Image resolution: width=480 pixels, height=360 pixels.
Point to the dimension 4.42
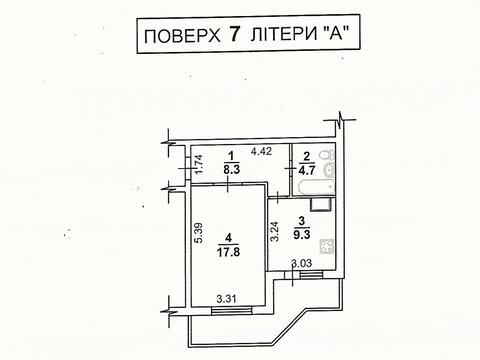click(263, 151)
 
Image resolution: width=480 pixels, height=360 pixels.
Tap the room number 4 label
click(230, 239)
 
